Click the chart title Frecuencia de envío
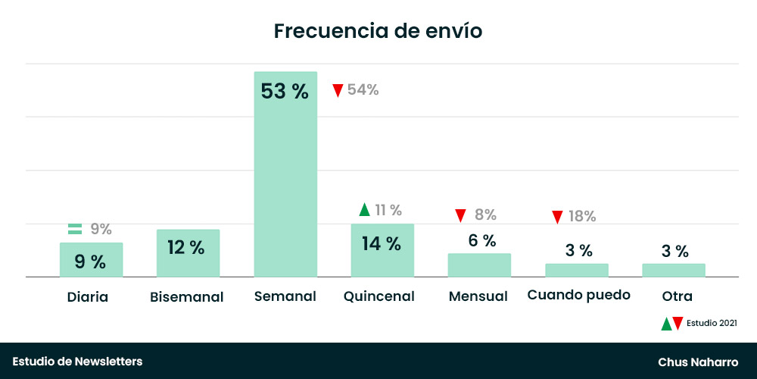[378, 31]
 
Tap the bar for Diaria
[91, 260]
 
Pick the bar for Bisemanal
[188, 253]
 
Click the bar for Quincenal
[382, 250]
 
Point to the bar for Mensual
[479, 265]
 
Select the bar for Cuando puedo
[576, 271]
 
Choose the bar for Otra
[673, 271]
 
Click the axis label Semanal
[285, 296]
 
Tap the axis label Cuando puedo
[578, 295]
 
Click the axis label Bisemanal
[187, 296]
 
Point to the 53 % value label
[285, 92]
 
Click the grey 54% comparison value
[363, 90]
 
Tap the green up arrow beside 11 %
[364, 210]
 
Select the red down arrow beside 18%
[557, 217]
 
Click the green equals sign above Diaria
[74, 228]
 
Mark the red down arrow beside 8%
[460, 215]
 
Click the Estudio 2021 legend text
[712, 324]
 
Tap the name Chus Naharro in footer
[698, 362]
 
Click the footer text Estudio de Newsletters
[77, 362]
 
